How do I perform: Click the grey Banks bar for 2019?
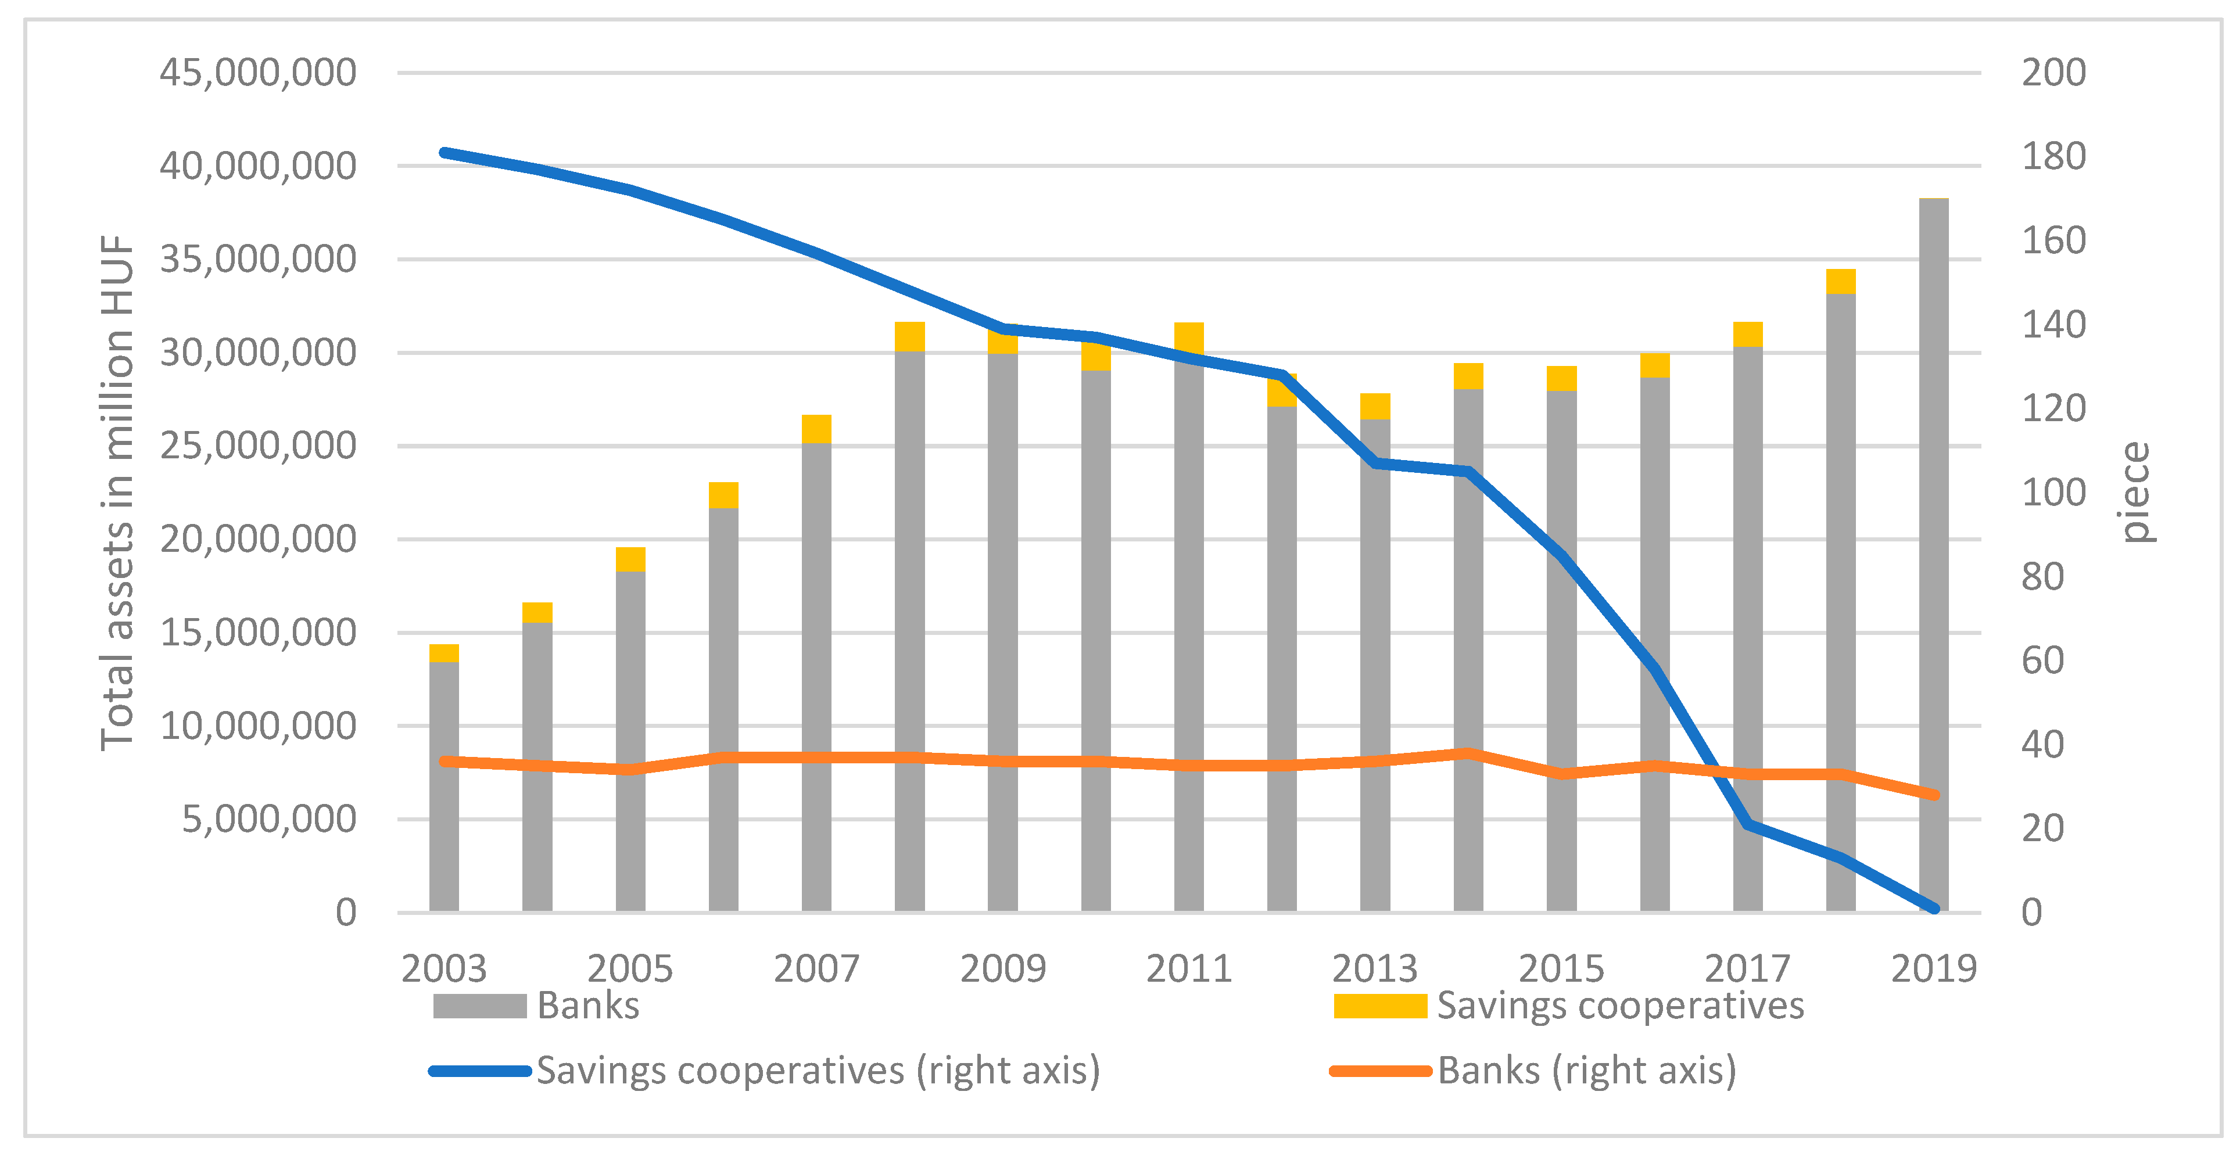[x=1933, y=522]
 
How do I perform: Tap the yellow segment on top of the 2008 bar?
[x=909, y=336]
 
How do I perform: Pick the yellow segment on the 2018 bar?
[x=1840, y=282]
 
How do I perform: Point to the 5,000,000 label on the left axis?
[x=268, y=818]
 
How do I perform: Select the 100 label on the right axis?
[x=2053, y=493]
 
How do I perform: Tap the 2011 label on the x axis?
[x=1189, y=968]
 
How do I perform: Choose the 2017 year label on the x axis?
[x=1747, y=968]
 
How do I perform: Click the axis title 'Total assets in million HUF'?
[x=117, y=492]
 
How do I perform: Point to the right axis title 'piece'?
[x=2135, y=492]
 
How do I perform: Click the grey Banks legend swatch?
[x=479, y=1006]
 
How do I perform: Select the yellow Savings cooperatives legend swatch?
[x=1380, y=1006]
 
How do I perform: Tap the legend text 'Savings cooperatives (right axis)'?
[x=818, y=1070]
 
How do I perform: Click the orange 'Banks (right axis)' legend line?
[x=1380, y=1071]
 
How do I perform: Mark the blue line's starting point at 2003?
[x=445, y=153]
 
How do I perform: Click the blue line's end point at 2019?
[x=1934, y=909]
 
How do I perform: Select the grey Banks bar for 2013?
[x=1375, y=678]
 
